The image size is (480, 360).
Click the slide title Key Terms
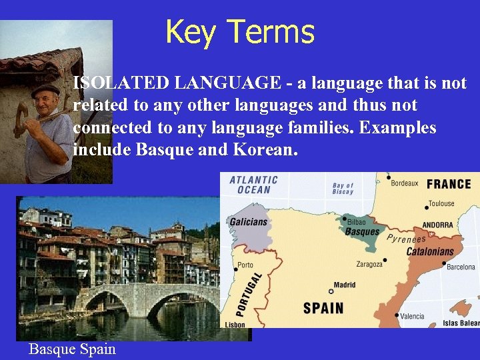click(x=239, y=31)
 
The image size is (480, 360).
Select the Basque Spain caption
click(x=72, y=349)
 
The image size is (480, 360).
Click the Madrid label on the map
click(x=345, y=285)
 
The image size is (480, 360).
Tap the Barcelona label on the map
click(x=461, y=267)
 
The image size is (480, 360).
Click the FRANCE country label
click(x=449, y=184)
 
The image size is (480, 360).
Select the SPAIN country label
click(x=323, y=308)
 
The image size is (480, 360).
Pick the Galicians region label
click(x=248, y=222)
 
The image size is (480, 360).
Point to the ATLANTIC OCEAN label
click(x=253, y=185)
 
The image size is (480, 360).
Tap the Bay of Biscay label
click(x=343, y=189)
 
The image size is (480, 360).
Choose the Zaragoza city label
click(x=369, y=264)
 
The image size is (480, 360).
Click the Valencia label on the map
click(x=413, y=317)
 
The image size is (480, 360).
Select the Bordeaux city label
click(x=405, y=183)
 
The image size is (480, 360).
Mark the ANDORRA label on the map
click(x=437, y=225)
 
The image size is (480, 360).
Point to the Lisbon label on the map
click(x=235, y=325)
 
